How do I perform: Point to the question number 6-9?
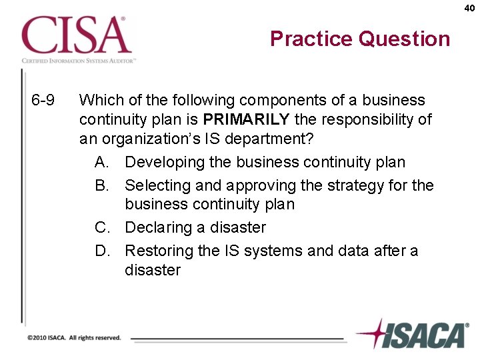(43, 101)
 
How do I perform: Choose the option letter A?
(101, 162)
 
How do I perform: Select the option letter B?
(101, 185)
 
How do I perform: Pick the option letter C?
(101, 227)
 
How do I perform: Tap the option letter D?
(101, 251)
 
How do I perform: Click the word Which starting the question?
(99, 101)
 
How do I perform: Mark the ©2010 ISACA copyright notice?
(74, 338)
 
